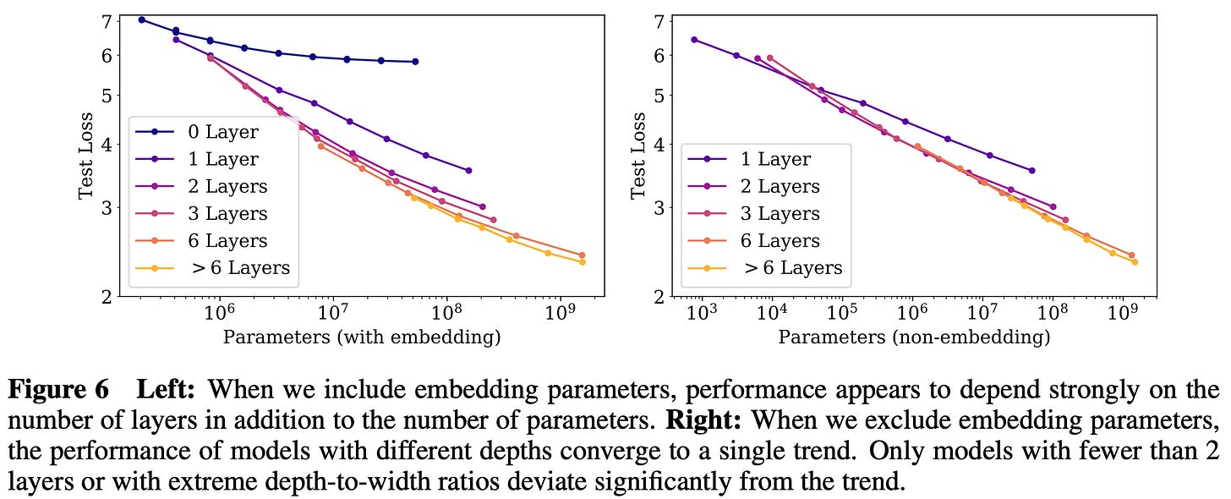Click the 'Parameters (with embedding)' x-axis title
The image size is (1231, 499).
[362, 337]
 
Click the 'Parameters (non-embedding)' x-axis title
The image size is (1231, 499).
[914, 337]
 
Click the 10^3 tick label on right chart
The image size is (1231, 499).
[702, 314]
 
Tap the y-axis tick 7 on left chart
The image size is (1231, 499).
[107, 20]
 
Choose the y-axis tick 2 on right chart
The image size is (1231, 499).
[659, 296]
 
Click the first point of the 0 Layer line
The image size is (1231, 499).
[141, 19]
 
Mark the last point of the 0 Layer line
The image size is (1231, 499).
[415, 62]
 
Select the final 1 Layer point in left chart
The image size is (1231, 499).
[468, 170]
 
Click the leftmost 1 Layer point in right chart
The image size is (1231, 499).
[694, 40]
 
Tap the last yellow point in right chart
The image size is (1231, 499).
[1135, 262]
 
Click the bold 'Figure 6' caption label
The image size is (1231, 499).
[58, 390]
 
